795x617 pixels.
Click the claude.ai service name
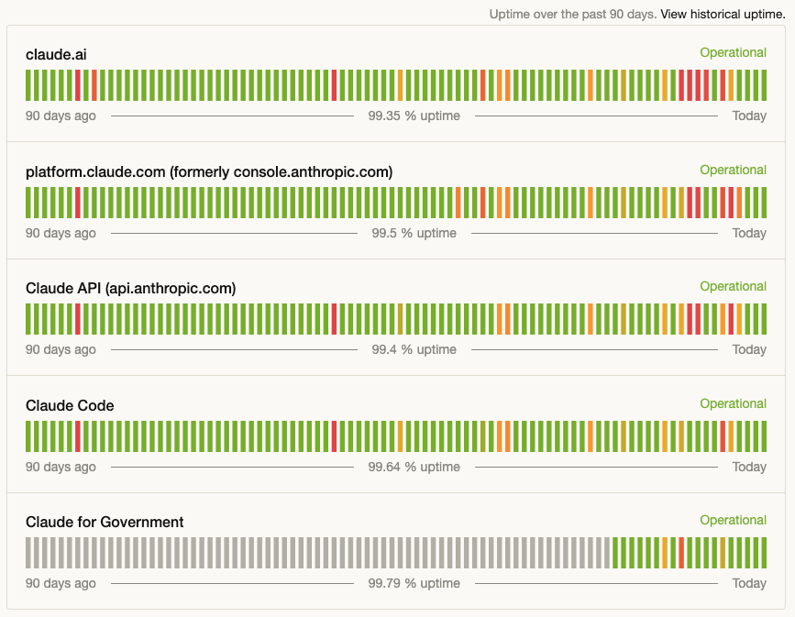point(56,55)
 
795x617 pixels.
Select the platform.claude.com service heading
point(209,172)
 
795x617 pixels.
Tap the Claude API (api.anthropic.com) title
point(130,289)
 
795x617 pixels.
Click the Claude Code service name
point(70,406)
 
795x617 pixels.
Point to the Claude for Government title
point(105,523)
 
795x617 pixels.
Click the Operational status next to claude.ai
point(733,53)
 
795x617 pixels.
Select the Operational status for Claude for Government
point(733,521)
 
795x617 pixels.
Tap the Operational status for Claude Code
point(733,404)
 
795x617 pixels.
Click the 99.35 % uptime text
point(414,116)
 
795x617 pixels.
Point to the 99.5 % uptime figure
point(414,233)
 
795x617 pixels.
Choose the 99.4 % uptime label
point(414,349)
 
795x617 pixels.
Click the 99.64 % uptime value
point(414,467)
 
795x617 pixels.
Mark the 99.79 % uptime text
point(414,583)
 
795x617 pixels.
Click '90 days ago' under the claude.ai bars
point(61,116)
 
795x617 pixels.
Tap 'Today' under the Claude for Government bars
point(749,583)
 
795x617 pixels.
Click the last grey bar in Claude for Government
point(606,553)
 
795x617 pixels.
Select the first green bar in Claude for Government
point(614,553)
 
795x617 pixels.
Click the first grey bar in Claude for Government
point(28,553)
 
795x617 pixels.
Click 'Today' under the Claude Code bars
point(749,467)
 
